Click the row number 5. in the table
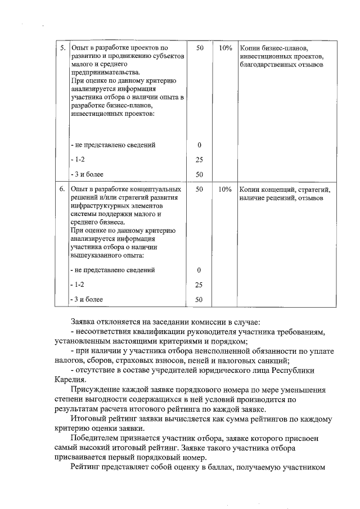[x=62, y=48]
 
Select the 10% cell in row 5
[x=226, y=48]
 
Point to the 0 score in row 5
[x=199, y=145]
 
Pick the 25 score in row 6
[x=199, y=285]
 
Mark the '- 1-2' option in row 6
[x=78, y=285]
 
